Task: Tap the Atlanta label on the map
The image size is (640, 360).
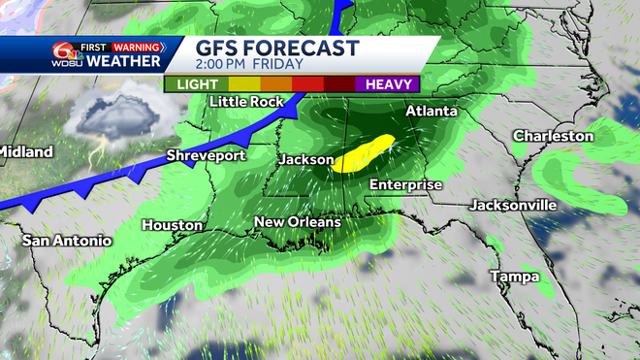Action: click(431, 112)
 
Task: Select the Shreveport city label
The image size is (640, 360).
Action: click(206, 155)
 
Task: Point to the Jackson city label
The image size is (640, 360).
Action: click(305, 159)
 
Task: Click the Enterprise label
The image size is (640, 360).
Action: click(405, 184)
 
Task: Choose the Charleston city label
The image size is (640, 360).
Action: click(553, 136)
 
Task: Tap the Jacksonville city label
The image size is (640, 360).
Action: click(513, 205)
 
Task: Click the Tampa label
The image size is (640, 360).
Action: click(513, 277)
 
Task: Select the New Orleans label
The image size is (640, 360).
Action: click(297, 222)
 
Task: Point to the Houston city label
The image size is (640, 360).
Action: click(173, 225)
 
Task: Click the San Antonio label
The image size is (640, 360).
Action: click(67, 240)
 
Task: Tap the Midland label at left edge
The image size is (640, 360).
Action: click(23, 151)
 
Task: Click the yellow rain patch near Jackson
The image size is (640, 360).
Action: click(363, 153)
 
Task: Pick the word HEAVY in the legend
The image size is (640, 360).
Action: click(390, 84)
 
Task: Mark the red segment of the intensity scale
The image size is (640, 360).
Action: click(308, 84)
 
